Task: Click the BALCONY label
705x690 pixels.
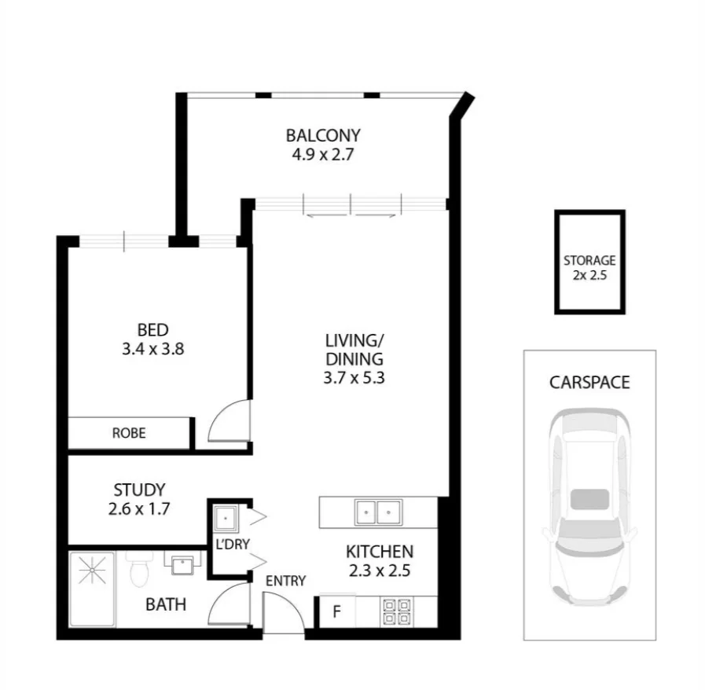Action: coord(323,134)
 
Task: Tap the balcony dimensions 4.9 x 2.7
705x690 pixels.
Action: coord(323,154)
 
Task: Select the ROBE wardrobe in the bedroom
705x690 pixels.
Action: coord(129,433)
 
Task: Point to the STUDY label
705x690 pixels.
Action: coord(138,489)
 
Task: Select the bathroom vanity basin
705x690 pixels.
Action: coord(182,563)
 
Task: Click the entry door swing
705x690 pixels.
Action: coord(281,613)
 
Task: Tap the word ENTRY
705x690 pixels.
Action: coord(285,581)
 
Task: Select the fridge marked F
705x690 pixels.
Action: coord(336,611)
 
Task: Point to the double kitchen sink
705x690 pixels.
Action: coord(377,512)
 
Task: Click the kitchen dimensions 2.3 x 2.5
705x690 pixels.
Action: coord(379,571)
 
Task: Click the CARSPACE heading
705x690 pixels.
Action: coord(589,383)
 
